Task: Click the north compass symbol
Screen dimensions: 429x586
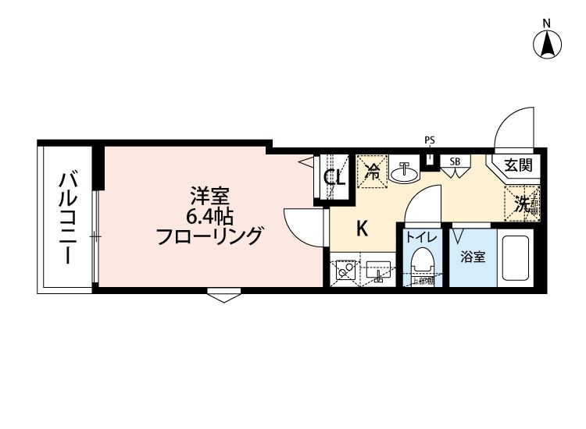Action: [548, 44]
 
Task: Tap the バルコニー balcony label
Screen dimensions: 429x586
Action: [68, 218]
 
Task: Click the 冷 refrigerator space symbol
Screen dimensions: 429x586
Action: [373, 171]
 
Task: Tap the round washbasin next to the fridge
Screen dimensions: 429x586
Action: [404, 172]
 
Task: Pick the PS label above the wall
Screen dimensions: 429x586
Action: [429, 140]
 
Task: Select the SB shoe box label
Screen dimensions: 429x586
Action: [454, 161]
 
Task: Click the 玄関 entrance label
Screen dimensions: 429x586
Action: [517, 165]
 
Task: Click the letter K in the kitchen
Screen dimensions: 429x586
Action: [363, 229]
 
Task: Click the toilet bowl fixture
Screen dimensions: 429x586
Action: [422, 261]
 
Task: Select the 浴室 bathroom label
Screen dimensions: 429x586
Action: [473, 255]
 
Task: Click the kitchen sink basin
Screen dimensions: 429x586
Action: [379, 272]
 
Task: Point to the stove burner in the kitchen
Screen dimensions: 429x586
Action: [344, 272]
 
